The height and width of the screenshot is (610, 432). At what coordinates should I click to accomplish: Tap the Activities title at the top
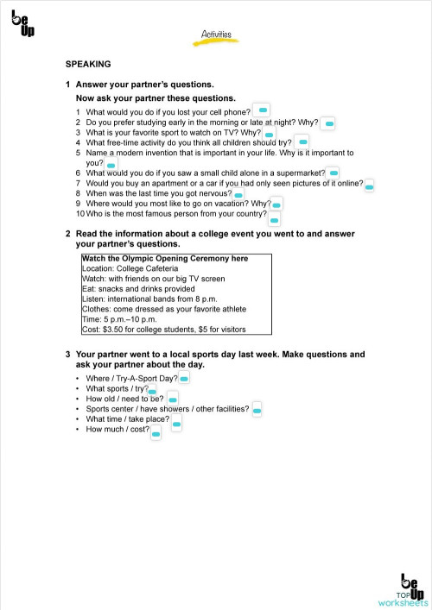pyautogui.click(x=216, y=35)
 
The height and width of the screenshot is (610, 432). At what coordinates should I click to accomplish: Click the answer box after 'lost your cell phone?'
pyautogui.click(x=264, y=110)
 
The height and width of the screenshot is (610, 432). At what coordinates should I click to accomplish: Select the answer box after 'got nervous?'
pyautogui.click(x=238, y=196)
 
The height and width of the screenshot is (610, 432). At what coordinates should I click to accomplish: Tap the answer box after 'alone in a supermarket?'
pyautogui.click(x=334, y=173)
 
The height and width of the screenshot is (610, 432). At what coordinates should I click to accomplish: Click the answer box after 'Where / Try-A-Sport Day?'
pyautogui.click(x=184, y=379)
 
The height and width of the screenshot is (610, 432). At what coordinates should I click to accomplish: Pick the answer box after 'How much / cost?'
pyautogui.click(x=156, y=434)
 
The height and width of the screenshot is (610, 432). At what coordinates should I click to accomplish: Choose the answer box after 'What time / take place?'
pyautogui.click(x=176, y=424)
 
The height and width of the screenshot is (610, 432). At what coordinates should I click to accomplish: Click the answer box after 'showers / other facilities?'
pyautogui.click(x=257, y=412)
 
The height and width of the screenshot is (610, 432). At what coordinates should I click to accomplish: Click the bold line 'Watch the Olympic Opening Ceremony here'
pyautogui.click(x=165, y=258)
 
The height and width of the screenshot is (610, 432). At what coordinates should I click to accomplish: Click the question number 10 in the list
pyautogui.click(x=79, y=213)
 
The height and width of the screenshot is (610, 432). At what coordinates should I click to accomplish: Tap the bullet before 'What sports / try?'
pyautogui.click(x=78, y=389)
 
